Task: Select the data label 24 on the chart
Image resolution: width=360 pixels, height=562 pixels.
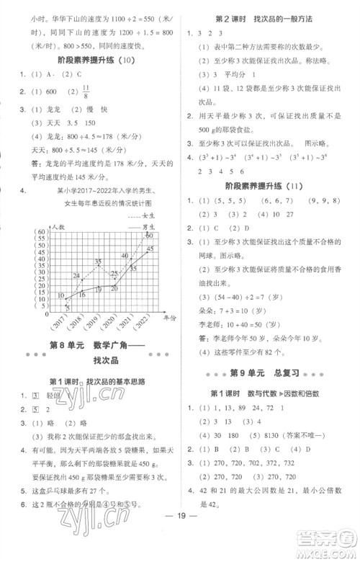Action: click(x=76, y=275)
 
